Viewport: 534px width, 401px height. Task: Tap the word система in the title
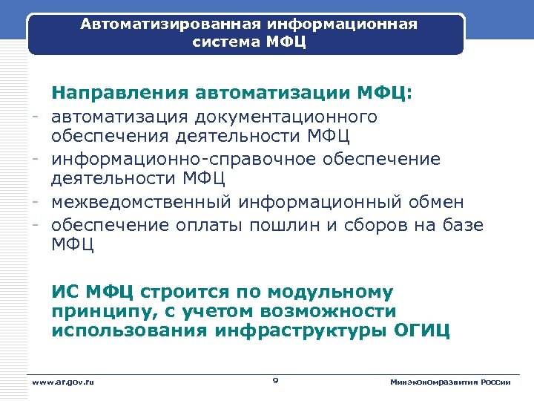[222, 42]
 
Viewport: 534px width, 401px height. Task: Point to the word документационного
[286, 117]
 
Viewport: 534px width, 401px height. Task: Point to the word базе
[462, 224]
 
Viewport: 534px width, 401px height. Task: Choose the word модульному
[333, 292]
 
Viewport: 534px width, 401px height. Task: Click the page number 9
[275, 381]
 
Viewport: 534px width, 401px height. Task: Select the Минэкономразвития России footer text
[450, 382]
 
